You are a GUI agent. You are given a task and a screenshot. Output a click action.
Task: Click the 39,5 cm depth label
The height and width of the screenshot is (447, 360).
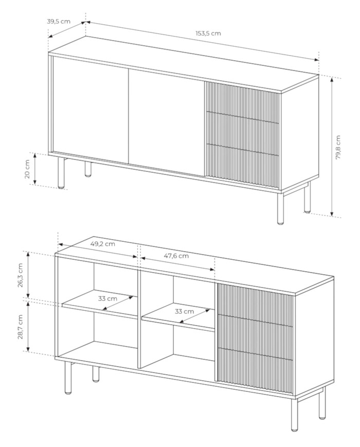(59, 22)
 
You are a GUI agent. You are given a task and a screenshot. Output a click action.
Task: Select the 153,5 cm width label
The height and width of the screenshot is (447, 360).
(208, 33)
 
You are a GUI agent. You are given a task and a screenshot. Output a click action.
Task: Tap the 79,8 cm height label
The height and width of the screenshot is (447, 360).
(338, 147)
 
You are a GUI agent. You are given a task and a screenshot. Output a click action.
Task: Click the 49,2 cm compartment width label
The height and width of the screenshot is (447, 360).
(103, 244)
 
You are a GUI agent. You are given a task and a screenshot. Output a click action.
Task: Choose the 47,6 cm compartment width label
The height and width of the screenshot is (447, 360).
(176, 256)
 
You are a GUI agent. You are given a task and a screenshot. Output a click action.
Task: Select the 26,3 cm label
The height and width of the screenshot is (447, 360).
(20, 275)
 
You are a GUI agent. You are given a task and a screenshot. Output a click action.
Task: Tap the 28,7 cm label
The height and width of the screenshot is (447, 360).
(20, 327)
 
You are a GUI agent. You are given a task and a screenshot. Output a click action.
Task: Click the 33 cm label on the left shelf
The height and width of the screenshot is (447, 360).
(107, 298)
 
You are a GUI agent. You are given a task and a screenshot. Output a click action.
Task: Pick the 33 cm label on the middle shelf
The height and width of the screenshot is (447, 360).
(184, 311)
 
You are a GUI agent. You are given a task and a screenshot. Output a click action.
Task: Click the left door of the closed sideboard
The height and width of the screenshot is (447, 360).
(91, 110)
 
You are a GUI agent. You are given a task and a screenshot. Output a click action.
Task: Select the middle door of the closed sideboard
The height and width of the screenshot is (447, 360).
(167, 122)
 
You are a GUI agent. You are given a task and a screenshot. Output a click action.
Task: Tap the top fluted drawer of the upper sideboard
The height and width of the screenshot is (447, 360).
(242, 103)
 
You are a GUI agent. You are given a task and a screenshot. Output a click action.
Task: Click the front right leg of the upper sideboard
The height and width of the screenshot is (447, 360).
(281, 208)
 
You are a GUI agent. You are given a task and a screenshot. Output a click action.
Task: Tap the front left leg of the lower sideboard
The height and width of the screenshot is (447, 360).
(68, 378)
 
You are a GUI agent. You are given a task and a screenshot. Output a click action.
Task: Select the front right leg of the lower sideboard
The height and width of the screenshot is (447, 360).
(295, 414)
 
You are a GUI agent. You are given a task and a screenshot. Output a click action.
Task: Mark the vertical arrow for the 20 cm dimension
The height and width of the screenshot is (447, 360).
(35, 169)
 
